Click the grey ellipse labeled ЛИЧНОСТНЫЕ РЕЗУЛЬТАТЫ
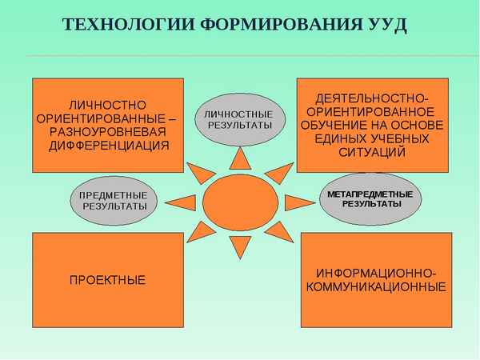coord(240,118)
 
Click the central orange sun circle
coord(240,200)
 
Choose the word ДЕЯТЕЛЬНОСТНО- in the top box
coord(373,97)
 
